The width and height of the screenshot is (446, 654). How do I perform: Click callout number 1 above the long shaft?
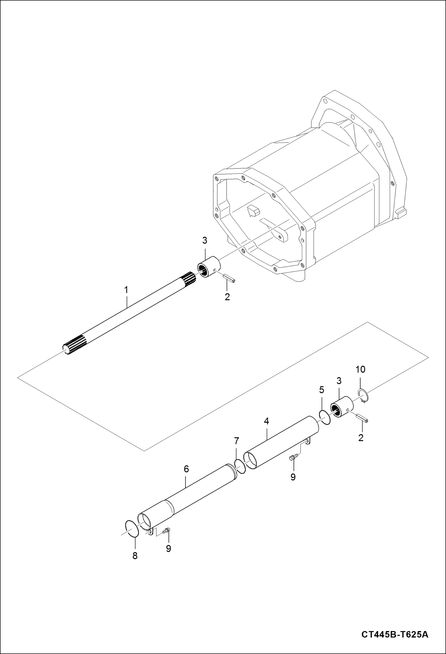click(126, 290)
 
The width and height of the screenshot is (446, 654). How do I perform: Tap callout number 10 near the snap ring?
click(360, 369)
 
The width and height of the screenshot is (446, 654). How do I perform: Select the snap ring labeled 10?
click(363, 396)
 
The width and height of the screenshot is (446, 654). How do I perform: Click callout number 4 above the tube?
click(266, 421)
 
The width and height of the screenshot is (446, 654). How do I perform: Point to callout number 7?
click(236, 440)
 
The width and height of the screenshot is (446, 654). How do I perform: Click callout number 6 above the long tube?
click(186, 469)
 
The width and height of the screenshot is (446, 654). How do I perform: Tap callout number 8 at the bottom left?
click(135, 556)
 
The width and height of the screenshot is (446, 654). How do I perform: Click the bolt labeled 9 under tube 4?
click(293, 457)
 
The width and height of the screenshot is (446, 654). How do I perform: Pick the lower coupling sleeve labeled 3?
click(342, 407)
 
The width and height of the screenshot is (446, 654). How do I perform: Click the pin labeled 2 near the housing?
click(229, 278)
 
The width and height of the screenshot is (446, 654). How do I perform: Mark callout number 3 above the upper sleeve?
click(205, 240)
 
